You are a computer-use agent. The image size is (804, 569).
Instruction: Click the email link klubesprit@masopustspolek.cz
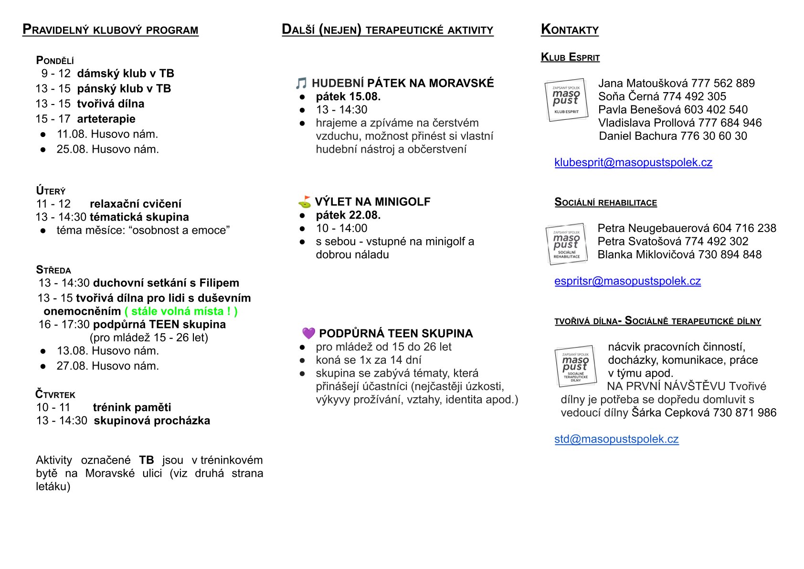633,163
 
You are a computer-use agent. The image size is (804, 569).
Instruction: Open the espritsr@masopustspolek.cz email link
627,281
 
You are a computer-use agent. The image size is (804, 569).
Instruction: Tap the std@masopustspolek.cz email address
616,439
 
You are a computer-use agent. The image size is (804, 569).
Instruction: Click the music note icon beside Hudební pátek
301,84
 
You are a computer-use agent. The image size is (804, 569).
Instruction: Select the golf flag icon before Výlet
305,202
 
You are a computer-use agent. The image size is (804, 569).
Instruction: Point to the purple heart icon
308,333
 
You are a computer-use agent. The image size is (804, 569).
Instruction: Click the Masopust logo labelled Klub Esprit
566,99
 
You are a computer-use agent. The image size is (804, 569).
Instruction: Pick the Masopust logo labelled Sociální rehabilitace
567,243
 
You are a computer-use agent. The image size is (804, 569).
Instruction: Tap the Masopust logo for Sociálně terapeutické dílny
576,366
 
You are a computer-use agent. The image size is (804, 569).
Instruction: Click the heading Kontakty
570,30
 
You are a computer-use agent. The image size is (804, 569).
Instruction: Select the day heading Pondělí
55,61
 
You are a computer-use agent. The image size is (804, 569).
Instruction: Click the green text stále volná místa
181,311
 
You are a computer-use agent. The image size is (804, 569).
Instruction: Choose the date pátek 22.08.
348,215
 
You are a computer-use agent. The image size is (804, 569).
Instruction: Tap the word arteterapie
106,119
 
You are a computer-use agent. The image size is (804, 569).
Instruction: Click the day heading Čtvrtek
55,394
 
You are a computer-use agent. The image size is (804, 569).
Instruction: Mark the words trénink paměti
132,407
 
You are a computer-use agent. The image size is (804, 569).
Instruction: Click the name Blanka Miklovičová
646,254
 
